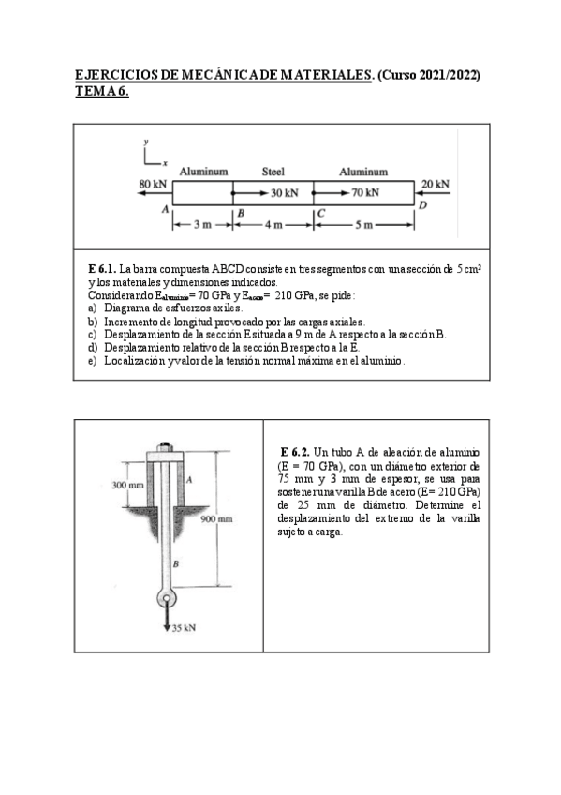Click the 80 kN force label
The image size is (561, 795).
click(x=152, y=184)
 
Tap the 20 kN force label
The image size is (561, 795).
click(x=435, y=184)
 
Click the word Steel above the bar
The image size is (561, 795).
click(x=273, y=172)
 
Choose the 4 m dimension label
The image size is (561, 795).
click(x=273, y=225)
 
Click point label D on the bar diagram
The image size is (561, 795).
click(x=422, y=204)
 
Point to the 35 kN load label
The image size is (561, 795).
click(x=183, y=628)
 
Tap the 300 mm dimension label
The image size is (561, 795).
click(x=128, y=485)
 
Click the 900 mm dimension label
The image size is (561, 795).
click(x=216, y=518)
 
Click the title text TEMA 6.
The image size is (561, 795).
click(x=101, y=91)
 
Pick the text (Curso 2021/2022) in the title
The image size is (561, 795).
click(x=429, y=75)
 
